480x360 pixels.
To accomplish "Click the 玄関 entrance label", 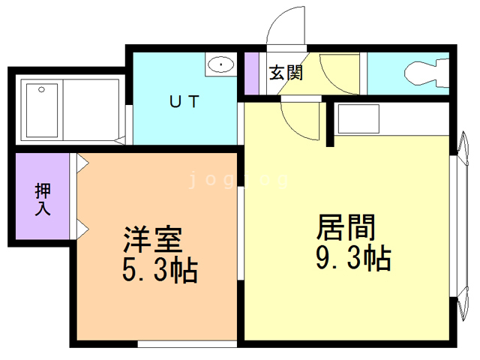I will (x=286, y=73).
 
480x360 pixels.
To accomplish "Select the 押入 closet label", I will (x=42, y=199).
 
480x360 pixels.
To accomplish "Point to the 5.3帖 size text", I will (x=160, y=269).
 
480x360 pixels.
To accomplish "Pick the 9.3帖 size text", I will (x=351, y=259).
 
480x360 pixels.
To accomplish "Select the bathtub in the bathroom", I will (x=42, y=110).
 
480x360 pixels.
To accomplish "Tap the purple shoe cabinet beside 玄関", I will (x=251, y=73).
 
